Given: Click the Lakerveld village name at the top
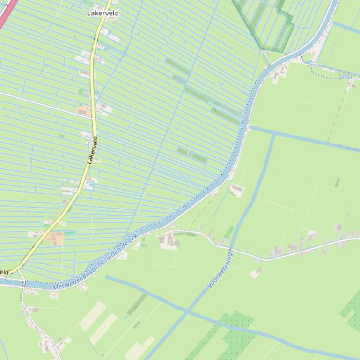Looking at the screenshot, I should click(x=103, y=13).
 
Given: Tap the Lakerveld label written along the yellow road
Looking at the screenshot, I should click(x=93, y=150).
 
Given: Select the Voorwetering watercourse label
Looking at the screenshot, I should click(x=220, y=270).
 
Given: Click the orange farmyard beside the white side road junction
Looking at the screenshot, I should click(x=85, y=111).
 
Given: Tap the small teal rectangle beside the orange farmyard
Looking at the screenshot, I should click(x=70, y=233).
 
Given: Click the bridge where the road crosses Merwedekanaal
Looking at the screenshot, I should click(x=22, y=283).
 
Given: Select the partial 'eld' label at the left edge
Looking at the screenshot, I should click(x=4, y=272).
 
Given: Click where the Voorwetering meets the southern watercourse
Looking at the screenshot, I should click(x=187, y=311).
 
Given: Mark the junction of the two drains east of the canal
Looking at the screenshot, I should click(x=274, y=133).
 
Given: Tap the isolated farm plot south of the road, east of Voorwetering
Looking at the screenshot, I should click(x=256, y=273).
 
